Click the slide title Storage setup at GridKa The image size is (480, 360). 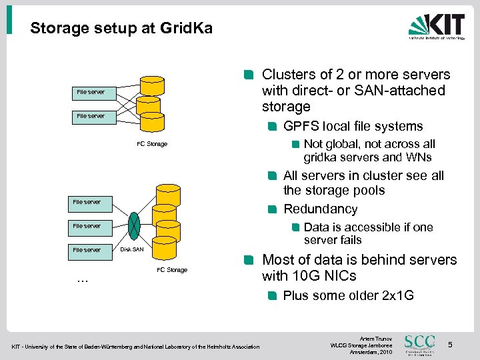(121, 29)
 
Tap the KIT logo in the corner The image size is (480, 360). (436, 27)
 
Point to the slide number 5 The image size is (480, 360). (450, 345)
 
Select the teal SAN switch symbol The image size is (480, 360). (135, 225)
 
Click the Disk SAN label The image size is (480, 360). (132, 250)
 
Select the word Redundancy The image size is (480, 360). (320, 209)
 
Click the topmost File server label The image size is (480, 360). (91, 92)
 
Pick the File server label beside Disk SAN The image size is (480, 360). (87, 250)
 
